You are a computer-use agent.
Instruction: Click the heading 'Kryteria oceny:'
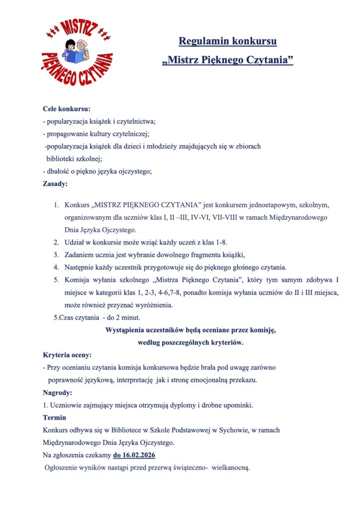click(x=67, y=355)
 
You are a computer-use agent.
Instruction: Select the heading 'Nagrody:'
click(x=58, y=393)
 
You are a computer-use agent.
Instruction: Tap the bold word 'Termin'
click(x=55, y=418)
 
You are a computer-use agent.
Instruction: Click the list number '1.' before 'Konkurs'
click(x=56, y=205)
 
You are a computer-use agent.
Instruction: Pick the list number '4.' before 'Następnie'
click(x=56, y=267)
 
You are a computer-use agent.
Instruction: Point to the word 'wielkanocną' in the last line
click(x=234, y=468)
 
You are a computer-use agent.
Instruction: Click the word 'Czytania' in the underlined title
click(x=269, y=61)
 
